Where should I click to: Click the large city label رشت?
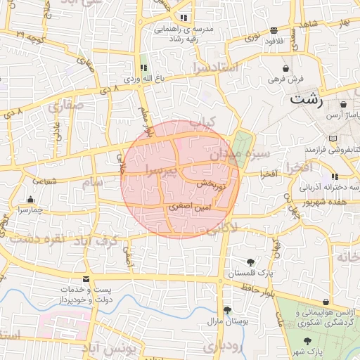click(x=307, y=99)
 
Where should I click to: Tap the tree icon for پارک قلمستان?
click(x=250, y=262)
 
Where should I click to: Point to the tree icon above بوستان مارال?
click(x=226, y=309)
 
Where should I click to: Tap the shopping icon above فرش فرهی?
click(x=285, y=68)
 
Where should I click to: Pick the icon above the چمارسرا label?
click(x=31, y=199)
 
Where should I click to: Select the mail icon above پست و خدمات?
click(x=86, y=279)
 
